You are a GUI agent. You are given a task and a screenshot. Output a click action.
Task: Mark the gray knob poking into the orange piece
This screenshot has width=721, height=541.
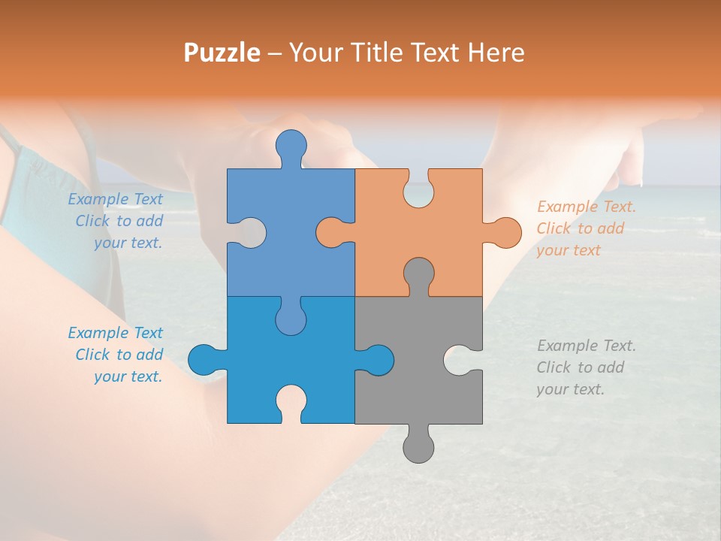418,274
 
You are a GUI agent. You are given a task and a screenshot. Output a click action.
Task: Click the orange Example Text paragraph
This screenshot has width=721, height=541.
586,228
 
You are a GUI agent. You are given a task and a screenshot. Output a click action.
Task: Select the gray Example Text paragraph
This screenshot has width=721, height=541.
586,367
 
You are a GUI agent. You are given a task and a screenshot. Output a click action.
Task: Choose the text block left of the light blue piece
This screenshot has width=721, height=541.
116,221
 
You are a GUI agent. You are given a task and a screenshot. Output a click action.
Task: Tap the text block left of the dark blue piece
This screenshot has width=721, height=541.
116,355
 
